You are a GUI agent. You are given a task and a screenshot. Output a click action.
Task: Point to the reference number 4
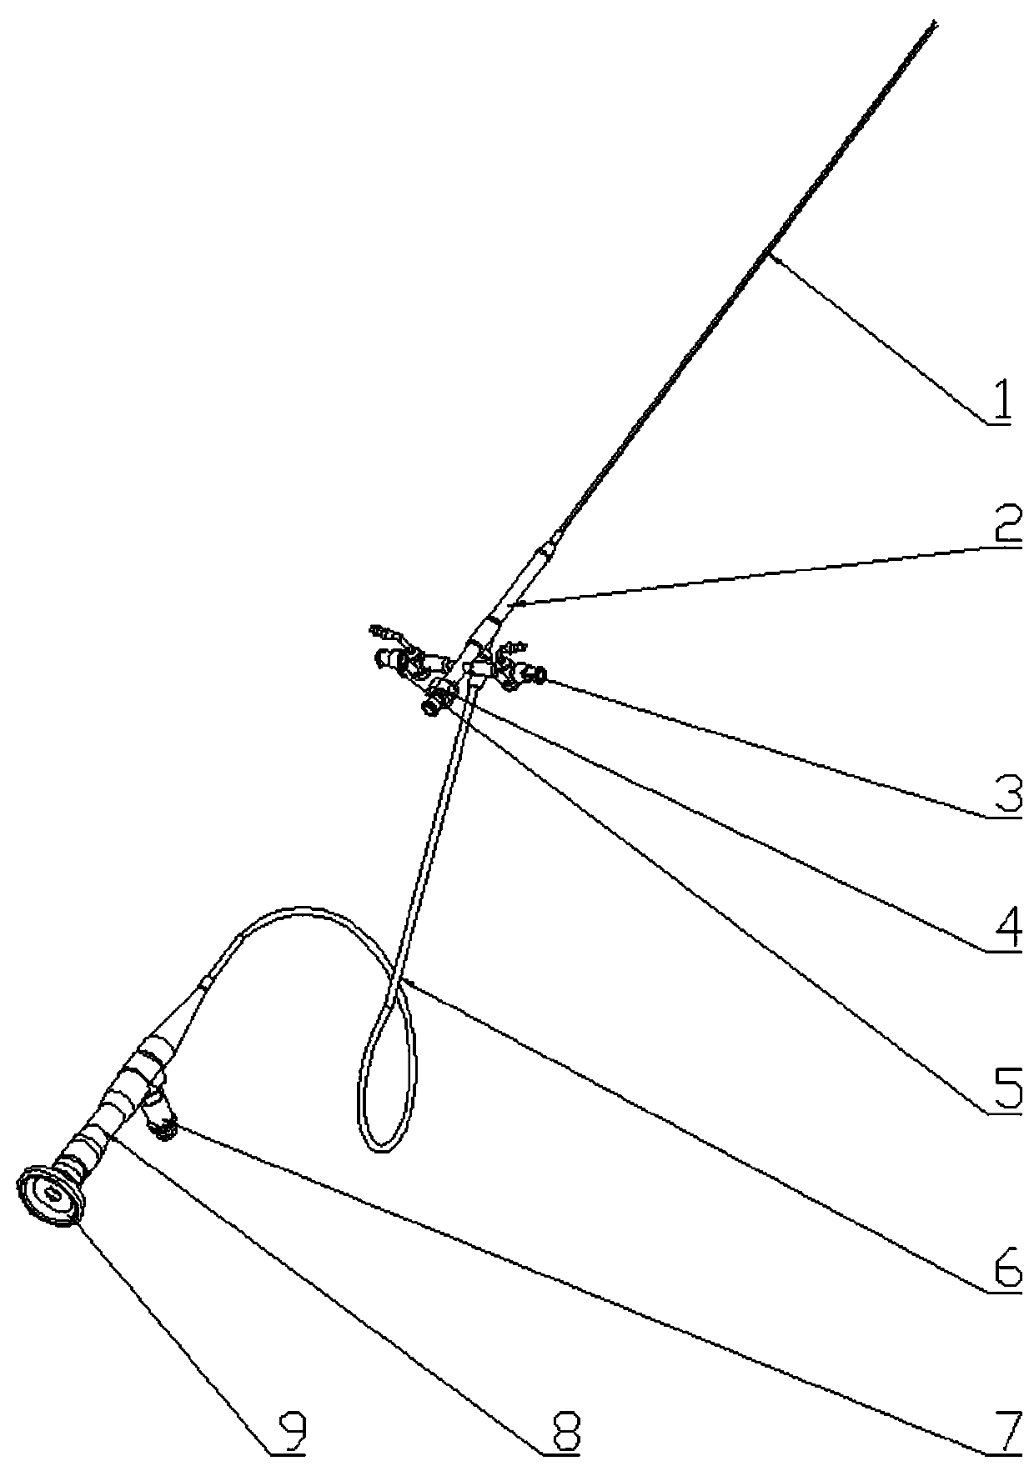pyautogui.click(x=1007, y=930)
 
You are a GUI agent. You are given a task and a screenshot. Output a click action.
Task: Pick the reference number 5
pyautogui.click(x=1007, y=1088)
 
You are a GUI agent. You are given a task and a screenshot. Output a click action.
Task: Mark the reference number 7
pyautogui.click(x=1007, y=1430)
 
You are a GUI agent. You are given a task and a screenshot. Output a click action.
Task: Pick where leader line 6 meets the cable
pyautogui.click(x=399, y=981)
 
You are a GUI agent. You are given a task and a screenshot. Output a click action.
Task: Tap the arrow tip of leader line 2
pyautogui.click(x=510, y=602)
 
